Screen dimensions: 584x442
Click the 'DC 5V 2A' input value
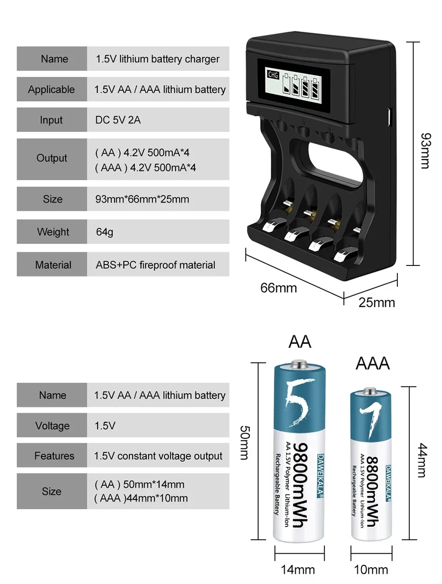coord(118,120)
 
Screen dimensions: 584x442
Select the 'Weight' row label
coord(52,231)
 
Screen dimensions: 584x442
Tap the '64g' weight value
coord(104,231)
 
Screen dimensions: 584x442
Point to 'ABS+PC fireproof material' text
coord(155,265)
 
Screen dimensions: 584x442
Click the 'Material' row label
coord(53,265)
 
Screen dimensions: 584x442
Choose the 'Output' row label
coord(52,158)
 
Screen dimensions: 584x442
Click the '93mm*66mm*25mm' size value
coord(142,199)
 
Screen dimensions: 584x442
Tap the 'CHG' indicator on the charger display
coord(273,75)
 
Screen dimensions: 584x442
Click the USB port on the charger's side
coord(390,114)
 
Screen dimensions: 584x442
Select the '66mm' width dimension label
coord(278,288)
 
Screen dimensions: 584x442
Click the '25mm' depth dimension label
coord(376,302)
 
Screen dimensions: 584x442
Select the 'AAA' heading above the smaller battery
coord(372,363)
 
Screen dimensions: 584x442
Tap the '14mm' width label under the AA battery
coord(298,569)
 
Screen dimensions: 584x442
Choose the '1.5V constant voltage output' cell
coord(158,456)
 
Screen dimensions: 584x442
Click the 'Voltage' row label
coord(52,426)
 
